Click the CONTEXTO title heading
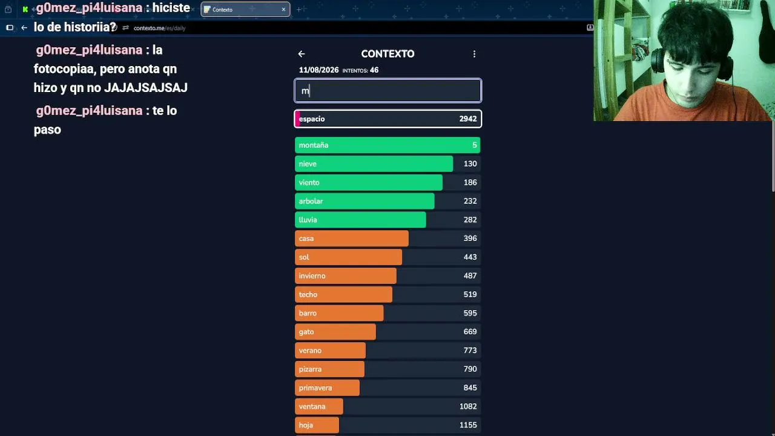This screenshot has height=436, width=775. click(387, 54)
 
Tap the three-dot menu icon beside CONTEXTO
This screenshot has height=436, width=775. click(474, 54)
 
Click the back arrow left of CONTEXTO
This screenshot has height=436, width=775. click(302, 54)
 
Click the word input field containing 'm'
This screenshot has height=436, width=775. click(387, 91)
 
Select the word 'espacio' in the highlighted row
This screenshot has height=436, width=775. click(312, 119)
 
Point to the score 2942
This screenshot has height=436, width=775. click(468, 119)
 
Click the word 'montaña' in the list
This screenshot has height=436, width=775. click(314, 145)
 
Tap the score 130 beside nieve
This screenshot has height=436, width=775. click(470, 163)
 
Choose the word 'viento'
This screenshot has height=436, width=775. click(309, 183)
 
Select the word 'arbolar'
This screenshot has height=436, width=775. click(311, 201)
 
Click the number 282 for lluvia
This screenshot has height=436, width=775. click(470, 220)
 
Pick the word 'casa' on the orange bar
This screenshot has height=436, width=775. click(306, 239)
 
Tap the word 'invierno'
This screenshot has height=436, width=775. click(312, 276)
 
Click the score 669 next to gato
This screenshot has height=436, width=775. click(470, 332)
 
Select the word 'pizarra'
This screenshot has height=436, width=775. click(310, 369)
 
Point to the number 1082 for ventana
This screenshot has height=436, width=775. click(468, 406)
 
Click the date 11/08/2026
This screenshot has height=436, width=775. click(318, 70)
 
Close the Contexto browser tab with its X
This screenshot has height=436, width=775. click(284, 9)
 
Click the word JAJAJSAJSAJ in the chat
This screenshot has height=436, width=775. click(146, 88)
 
